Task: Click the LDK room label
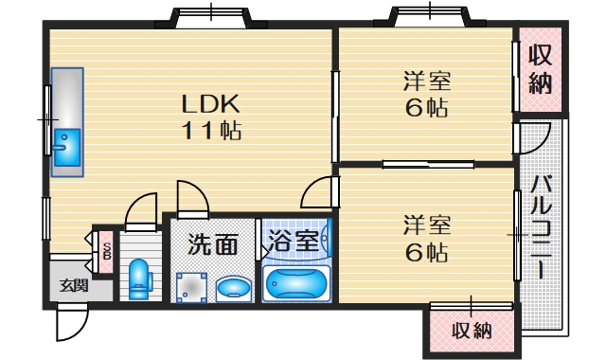[x=210, y=102]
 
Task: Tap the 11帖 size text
[x=210, y=130]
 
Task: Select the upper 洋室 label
[x=426, y=81]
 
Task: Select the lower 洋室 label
[x=426, y=225]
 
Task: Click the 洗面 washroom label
[x=212, y=244]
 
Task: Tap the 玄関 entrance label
[x=73, y=284]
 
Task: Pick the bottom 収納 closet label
[x=472, y=331]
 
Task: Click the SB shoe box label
[x=106, y=250]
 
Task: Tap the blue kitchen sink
[x=65, y=147]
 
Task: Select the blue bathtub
[x=296, y=282]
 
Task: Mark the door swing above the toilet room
[x=142, y=209]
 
